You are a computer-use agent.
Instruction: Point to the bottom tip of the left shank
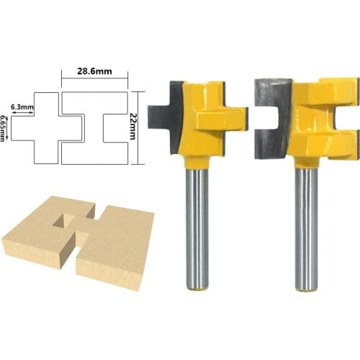pyautogui.click(x=196, y=287)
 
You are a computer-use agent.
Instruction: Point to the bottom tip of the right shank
pyautogui.click(x=306, y=287)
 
